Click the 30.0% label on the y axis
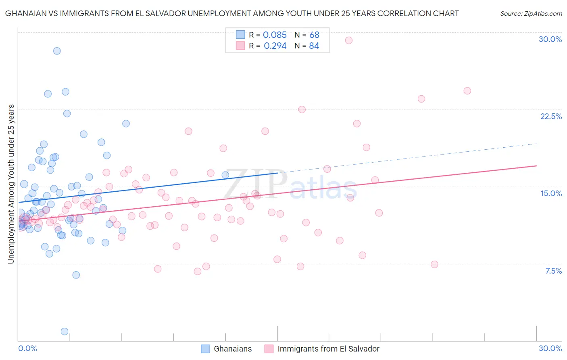pyautogui.click(x=550, y=39)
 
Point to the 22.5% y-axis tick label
pyautogui.click(x=551, y=116)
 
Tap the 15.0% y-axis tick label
pyautogui.click(x=551, y=193)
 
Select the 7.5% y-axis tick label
pyautogui.click(x=553, y=271)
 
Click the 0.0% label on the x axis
pyautogui.click(x=27, y=348)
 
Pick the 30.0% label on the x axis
pyautogui.click(x=550, y=348)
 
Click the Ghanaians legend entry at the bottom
pyautogui.click(x=232, y=349)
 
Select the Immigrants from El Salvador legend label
pyautogui.click(x=328, y=349)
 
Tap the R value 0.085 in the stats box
pyautogui.click(x=275, y=35)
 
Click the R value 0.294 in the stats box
pyautogui.click(x=275, y=46)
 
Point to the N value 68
pyautogui.click(x=314, y=35)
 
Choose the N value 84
pyautogui.click(x=314, y=46)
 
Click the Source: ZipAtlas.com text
pyautogui.click(x=531, y=14)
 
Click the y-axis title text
pyautogui.click(x=11, y=184)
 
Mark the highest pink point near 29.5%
pyautogui.click(x=349, y=40)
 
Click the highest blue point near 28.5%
pyautogui.click(x=57, y=51)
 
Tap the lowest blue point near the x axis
pyautogui.click(x=65, y=331)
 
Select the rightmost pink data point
pyautogui.click(x=467, y=91)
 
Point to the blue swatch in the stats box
pyautogui.click(x=240, y=35)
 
